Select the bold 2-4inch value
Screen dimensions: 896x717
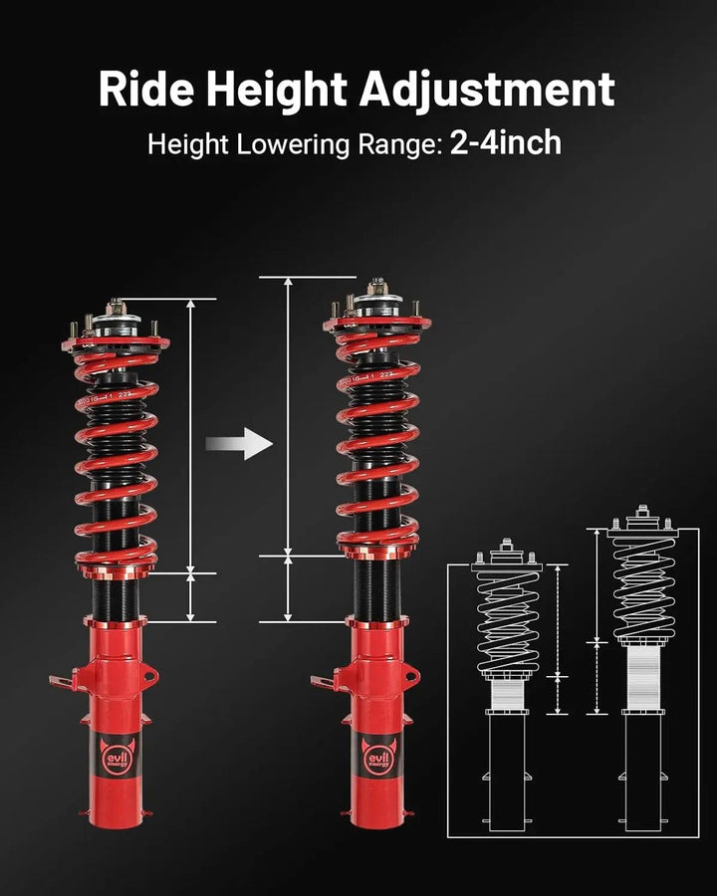click(x=506, y=143)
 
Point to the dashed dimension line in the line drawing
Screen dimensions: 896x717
click(x=558, y=637)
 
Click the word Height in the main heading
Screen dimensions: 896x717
click(x=272, y=90)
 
